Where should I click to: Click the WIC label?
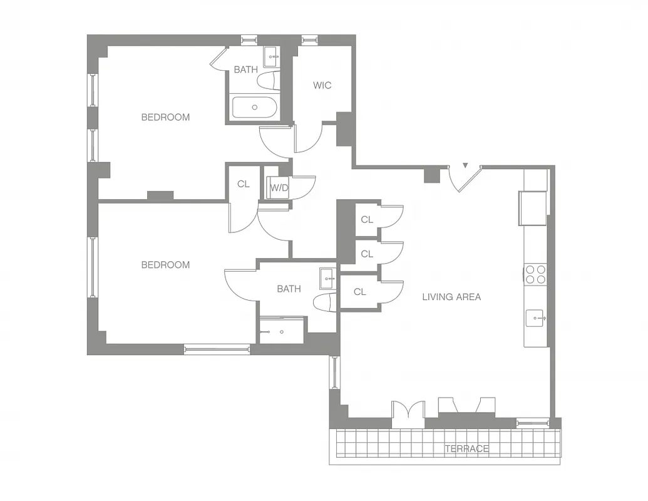click(x=322, y=85)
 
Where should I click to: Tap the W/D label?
click(x=279, y=187)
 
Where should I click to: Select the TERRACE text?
click(x=466, y=448)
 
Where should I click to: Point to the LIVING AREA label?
click(x=451, y=297)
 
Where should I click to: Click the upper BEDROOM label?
click(x=165, y=117)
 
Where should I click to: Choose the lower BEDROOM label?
click(x=165, y=265)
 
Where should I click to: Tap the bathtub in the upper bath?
click(x=254, y=107)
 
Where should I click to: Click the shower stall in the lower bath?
click(x=282, y=330)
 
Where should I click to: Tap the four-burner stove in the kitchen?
click(x=535, y=274)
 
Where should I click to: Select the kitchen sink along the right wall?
click(x=537, y=318)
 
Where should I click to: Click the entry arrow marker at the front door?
click(x=465, y=166)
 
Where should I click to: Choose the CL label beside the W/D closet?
click(x=243, y=184)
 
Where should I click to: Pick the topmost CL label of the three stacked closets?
click(x=367, y=220)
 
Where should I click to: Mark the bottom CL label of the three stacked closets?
click(x=359, y=292)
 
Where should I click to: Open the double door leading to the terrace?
click(x=408, y=413)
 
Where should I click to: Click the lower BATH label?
click(x=289, y=289)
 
